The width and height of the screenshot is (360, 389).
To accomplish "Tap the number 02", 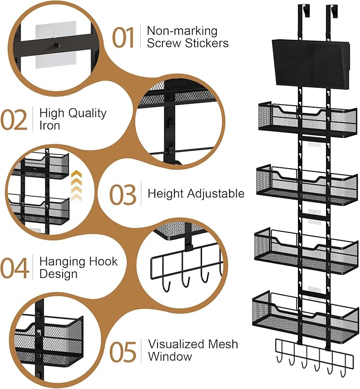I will tap(14, 119).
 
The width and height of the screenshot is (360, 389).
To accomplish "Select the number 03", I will tap(123, 194).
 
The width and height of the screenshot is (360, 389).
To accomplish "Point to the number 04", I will tap(15, 268).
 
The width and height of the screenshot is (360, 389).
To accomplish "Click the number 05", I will tap(124, 351).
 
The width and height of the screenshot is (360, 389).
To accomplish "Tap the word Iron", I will tap(50, 126).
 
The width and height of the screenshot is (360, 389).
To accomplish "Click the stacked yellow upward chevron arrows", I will tap(77, 186).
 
